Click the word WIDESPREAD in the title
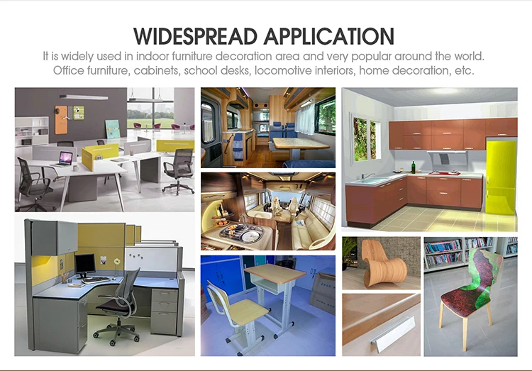[x=196, y=36]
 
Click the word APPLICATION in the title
[x=329, y=36]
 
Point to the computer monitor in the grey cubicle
[x=85, y=264]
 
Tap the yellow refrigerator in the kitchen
[x=501, y=177]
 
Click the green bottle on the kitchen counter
[x=414, y=167]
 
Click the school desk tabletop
[x=275, y=273]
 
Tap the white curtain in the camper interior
[x=304, y=118]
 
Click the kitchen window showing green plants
[x=365, y=139]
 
